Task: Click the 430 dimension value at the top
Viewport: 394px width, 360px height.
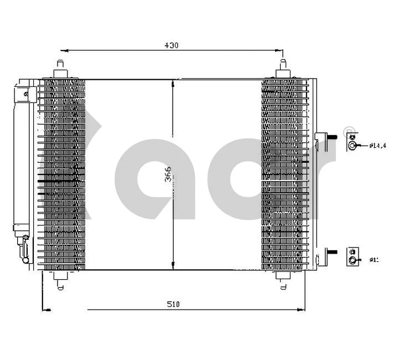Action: pos(172,45)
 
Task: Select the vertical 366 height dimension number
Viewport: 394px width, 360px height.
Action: pos(168,174)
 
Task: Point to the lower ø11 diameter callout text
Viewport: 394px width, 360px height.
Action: pos(375,259)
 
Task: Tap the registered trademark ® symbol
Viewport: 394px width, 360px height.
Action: pos(349,131)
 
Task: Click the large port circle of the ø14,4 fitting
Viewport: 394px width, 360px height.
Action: pos(352,146)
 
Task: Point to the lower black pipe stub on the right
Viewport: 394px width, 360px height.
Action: pos(333,253)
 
